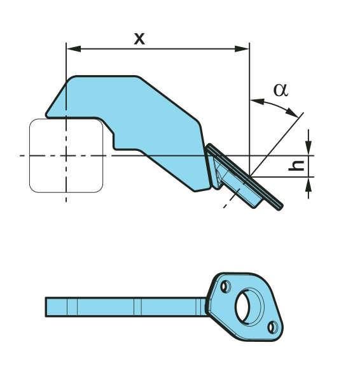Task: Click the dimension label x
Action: tap(139, 39)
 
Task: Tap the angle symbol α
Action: tap(280, 90)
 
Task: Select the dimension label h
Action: tap(296, 166)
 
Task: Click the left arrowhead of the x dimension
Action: tap(74, 49)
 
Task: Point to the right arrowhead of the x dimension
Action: tap(242, 49)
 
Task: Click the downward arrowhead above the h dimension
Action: tap(308, 148)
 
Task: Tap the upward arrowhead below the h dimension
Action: tap(308, 185)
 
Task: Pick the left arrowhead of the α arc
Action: tap(258, 101)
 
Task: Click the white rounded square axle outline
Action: tap(30, 156)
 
